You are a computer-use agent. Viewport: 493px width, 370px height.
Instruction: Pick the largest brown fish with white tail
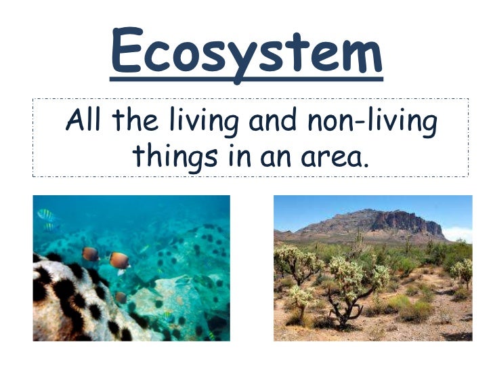(120, 261)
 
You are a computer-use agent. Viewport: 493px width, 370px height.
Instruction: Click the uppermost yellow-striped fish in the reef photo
(46, 215)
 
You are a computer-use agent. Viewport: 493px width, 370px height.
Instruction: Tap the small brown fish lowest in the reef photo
(121, 297)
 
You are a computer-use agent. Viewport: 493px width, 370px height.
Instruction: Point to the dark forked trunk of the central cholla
(349, 309)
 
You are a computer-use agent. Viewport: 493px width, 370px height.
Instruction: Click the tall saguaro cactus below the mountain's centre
(359, 237)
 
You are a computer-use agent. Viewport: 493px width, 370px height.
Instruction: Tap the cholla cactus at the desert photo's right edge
(463, 271)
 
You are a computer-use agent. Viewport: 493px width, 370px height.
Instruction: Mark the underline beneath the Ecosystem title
(246, 80)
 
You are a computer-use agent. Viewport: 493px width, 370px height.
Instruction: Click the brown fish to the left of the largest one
(90, 254)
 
